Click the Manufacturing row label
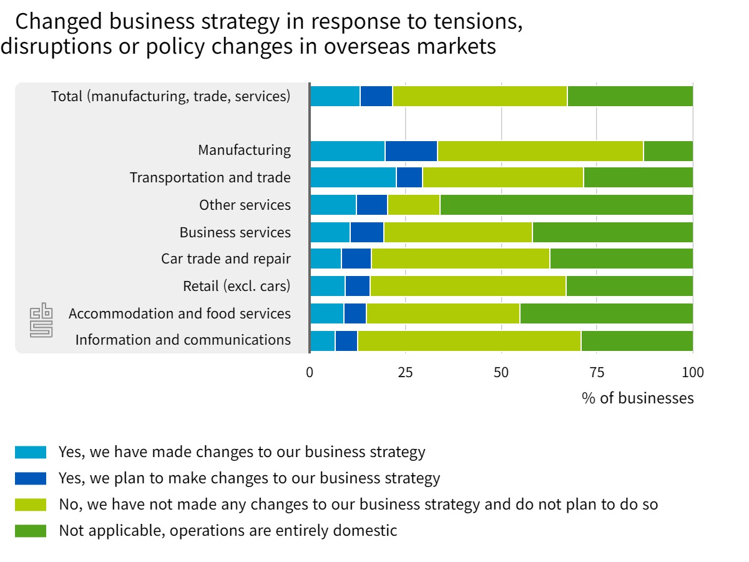244,150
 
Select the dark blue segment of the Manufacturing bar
411,151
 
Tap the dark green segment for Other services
566,205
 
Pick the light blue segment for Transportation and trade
353,177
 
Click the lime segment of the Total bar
479,96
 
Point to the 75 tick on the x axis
597,373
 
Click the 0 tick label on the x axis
310,373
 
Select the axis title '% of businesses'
637,398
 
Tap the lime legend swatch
31,505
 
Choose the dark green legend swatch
31,531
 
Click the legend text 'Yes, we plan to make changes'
249,478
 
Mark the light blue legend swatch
31,452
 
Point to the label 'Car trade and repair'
226,259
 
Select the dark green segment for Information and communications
637,340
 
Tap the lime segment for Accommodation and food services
443,313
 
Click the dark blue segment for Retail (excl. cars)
357,286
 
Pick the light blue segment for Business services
330,232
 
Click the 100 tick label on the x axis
692,373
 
